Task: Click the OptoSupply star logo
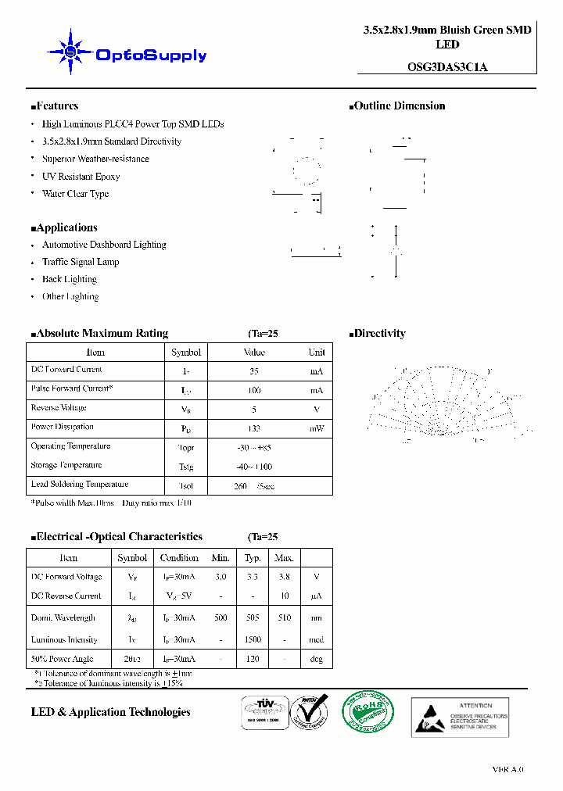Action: (x=70, y=52)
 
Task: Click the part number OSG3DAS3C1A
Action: (x=447, y=67)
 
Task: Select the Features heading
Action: (x=55, y=106)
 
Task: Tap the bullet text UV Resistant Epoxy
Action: (x=81, y=177)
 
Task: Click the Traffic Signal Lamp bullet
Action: (x=81, y=262)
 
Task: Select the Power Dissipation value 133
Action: (x=253, y=428)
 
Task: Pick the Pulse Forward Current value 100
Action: (x=253, y=389)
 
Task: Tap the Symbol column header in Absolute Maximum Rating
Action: (x=186, y=353)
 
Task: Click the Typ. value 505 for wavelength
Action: (x=253, y=617)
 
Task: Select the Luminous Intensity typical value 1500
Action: (x=253, y=639)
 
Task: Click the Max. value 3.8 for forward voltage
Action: (x=284, y=577)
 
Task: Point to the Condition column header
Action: (x=179, y=558)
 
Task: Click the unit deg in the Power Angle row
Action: (x=317, y=660)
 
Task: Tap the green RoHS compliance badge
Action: (x=368, y=713)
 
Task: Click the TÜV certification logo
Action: (x=262, y=712)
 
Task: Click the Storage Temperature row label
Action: (x=66, y=466)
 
